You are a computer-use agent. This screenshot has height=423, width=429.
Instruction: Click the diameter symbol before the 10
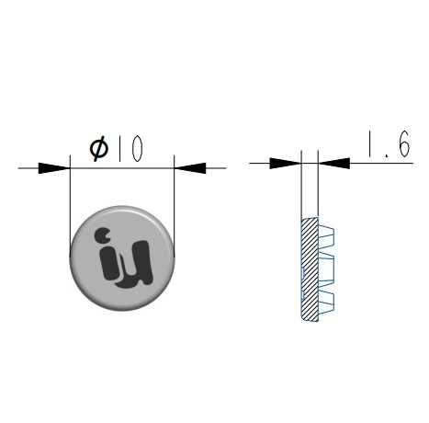pos(99,149)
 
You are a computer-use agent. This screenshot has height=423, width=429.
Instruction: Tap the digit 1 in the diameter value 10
pos(119,148)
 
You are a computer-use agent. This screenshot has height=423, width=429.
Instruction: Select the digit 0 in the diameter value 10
pos(137,148)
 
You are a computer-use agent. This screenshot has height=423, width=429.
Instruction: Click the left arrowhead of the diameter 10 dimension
pos(54,168)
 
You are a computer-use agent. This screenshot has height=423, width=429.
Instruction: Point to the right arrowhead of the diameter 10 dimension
pos(190,168)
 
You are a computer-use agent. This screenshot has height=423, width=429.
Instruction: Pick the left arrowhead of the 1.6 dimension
pos(285,163)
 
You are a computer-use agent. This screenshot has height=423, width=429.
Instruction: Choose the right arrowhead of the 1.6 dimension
pos(333,163)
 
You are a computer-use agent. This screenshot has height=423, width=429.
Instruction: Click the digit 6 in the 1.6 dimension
pos(404,143)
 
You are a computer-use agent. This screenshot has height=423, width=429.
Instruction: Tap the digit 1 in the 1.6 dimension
pos(370,143)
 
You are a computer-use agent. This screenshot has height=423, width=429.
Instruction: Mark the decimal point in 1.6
pos(388,155)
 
